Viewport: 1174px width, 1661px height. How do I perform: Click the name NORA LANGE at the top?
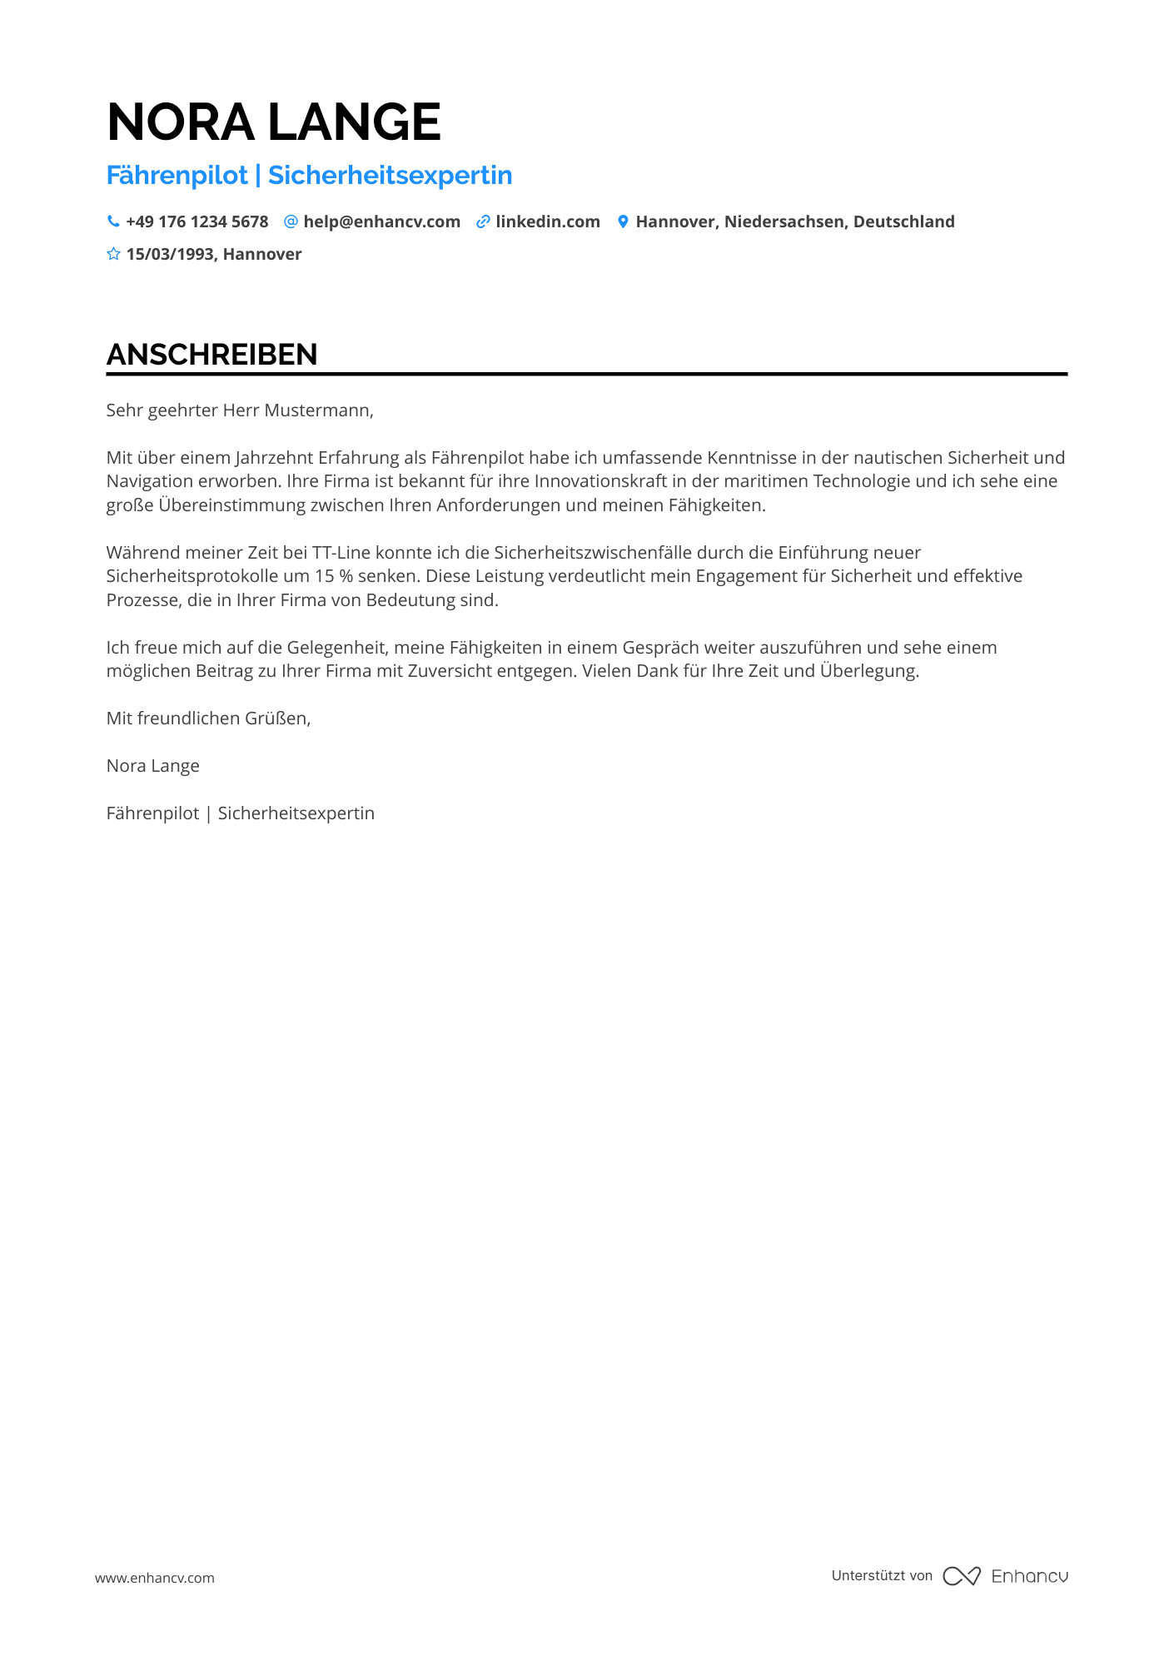pos(273,122)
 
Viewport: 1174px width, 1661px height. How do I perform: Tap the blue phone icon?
pos(113,221)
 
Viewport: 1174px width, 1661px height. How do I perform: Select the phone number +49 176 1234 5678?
pos(197,221)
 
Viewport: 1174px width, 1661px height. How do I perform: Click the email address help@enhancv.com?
pos(381,221)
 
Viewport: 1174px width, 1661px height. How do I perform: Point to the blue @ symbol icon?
pos(291,221)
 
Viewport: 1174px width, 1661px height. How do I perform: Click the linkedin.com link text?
pos(548,221)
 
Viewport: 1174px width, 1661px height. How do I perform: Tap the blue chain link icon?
pos(483,221)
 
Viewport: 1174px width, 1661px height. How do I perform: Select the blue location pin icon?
pos(622,221)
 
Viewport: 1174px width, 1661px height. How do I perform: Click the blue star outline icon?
pos(113,254)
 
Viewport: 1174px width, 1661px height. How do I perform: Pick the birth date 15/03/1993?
pos(170,254)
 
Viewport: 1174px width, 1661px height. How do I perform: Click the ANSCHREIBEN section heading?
pos(211,355)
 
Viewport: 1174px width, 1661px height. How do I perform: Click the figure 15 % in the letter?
pos(334,575)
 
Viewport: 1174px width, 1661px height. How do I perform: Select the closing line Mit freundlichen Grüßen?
pos(208,718)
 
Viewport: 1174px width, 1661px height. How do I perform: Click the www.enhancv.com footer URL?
pos(154,1577)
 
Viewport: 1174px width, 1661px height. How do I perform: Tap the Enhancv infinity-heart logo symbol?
pos(961,1575)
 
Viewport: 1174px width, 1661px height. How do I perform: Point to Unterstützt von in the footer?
pos(882,1575)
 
